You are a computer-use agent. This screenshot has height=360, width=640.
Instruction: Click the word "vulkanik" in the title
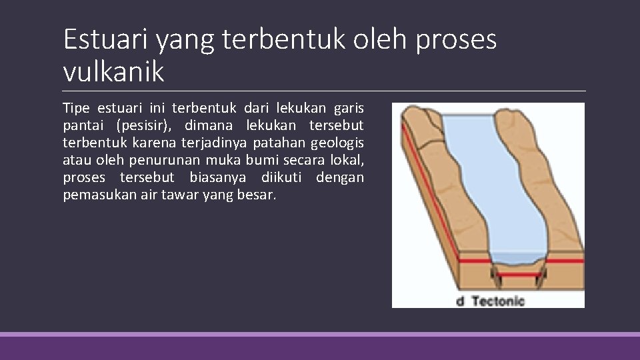pos(113,71)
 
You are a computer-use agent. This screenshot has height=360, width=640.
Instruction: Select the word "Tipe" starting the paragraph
pos(77,107)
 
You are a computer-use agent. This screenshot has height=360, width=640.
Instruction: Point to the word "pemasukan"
pos(93,195)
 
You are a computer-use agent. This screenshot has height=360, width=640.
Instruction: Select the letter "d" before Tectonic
pos(459,301)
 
